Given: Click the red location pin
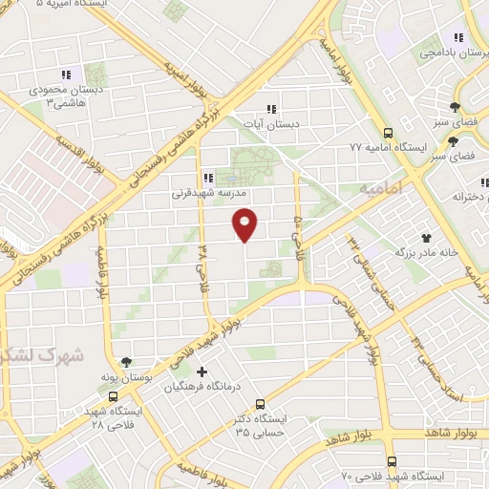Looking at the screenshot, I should coord(245,223).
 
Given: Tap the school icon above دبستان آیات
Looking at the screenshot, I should coord(271,109).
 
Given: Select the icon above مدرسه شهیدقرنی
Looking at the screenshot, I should coord(208,177).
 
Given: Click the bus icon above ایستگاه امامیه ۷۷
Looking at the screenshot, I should coord(388,133).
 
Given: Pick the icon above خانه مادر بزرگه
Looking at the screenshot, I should coord(425,237).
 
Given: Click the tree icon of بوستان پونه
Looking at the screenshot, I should coord(127,362).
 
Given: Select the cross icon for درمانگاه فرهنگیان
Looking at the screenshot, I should coord(201,371).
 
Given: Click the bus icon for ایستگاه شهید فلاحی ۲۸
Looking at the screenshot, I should coord(114,396).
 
